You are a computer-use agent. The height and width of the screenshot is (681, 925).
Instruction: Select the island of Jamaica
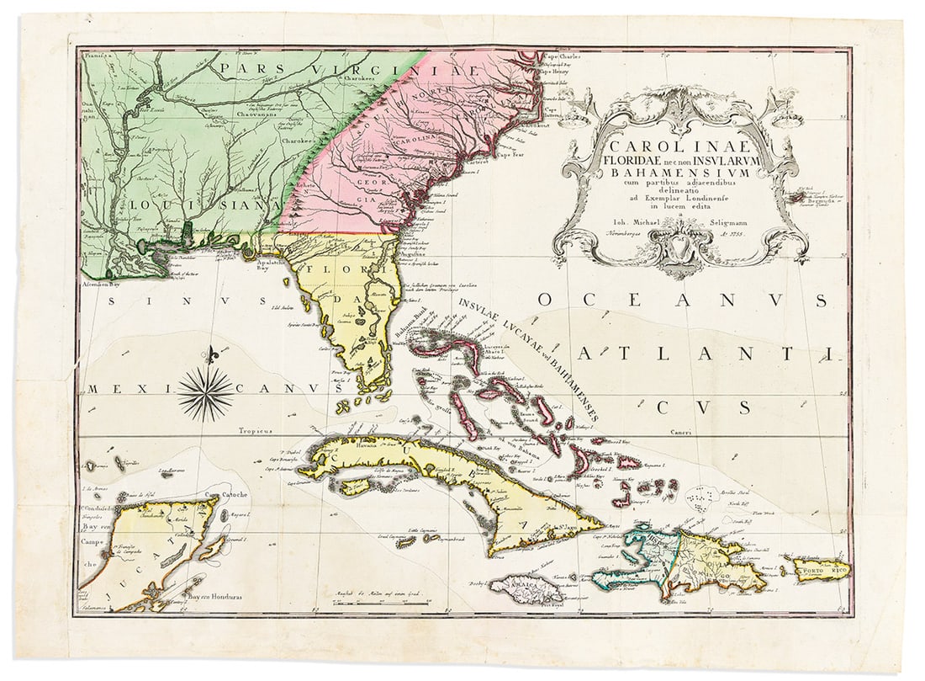pos(520,587)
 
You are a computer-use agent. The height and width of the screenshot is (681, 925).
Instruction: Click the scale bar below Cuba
pos(380,604)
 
